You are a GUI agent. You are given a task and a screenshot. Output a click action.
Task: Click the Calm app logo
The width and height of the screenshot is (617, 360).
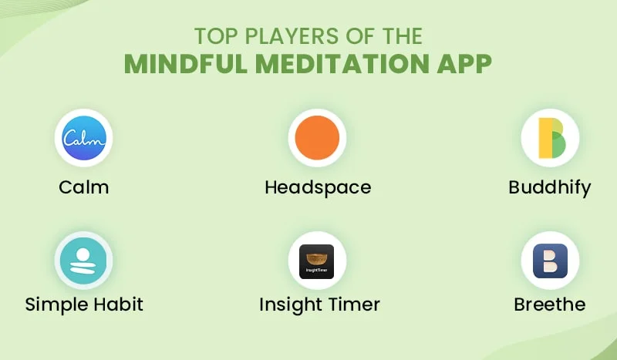[x=83, y=138]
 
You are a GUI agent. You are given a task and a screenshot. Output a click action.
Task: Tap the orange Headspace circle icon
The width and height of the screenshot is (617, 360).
[x=317, y=138]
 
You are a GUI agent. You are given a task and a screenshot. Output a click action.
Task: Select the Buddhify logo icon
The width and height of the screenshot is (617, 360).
[x=550, y=138]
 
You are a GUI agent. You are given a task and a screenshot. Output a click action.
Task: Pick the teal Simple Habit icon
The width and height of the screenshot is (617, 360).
[x=83, y=261]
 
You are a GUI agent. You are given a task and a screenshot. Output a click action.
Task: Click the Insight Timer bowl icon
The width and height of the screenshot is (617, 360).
[x=317, y=261]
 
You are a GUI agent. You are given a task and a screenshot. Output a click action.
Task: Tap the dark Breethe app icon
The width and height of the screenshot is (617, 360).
[x=550, y=261]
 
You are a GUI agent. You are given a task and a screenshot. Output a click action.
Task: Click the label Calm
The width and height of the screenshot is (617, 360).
[x=83, y=187]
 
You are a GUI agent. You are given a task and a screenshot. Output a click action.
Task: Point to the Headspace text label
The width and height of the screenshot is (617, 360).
[x=317, y=187]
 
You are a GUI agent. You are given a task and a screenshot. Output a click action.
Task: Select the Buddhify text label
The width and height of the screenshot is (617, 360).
[x=550, y=187]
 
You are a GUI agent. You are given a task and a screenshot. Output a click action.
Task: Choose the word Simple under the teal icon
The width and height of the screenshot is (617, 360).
[x=56, y=304]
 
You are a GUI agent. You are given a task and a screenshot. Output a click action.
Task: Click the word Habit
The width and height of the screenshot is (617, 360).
[x=116, y=304]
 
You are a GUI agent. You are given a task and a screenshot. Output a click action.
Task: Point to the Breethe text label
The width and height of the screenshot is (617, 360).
[x=550, y=304]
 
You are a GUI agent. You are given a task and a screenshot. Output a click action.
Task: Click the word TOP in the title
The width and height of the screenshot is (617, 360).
[x=211, y=35]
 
